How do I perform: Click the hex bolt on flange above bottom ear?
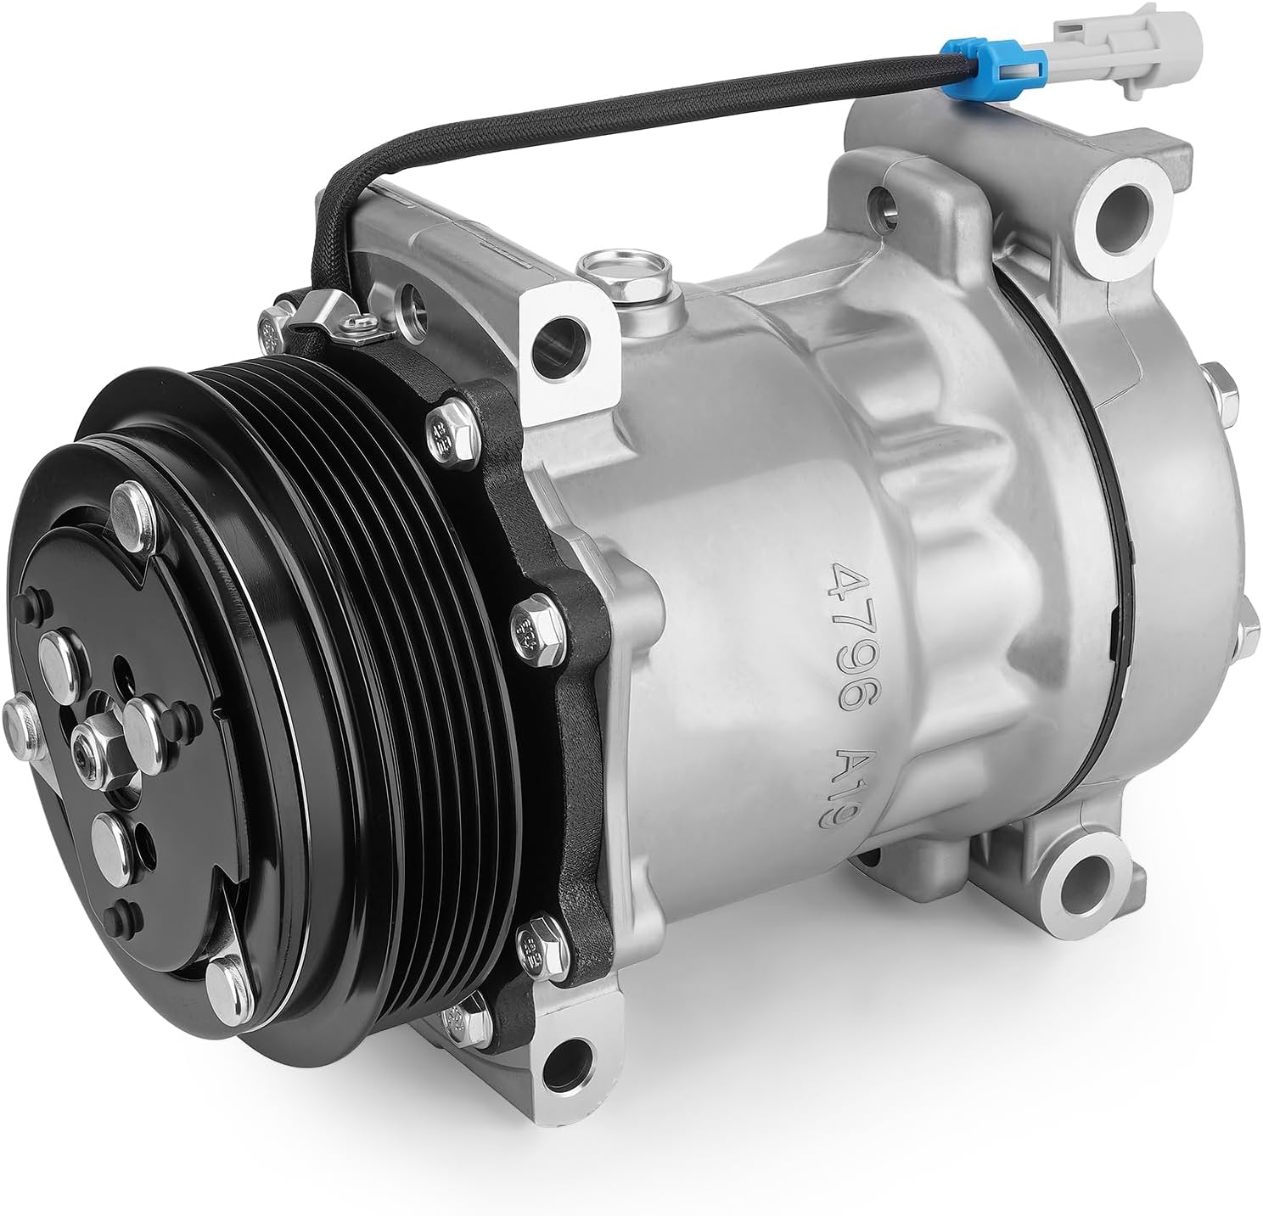click(536, 938)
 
